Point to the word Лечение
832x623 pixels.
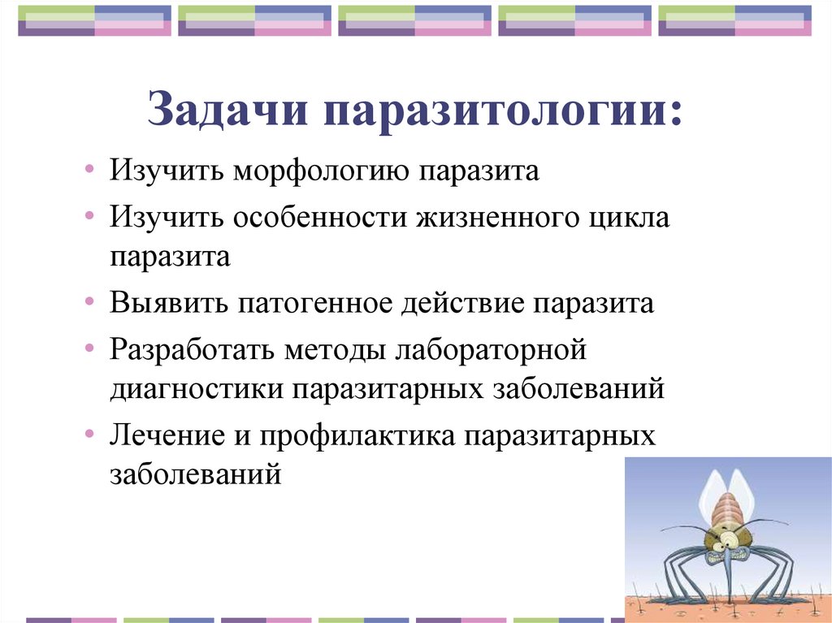tap(166, 435)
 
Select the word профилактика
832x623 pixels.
tap(357, 435)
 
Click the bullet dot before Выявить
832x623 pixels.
tap(89, 304)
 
